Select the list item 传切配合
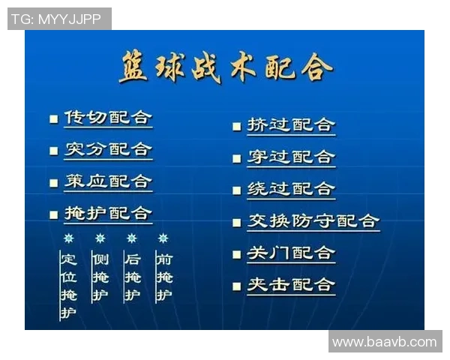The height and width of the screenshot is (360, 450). tap(108, 118)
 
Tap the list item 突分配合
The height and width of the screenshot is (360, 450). tap(108, 149)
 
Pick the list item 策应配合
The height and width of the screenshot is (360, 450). tap(108, 181)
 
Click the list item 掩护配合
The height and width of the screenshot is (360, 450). tap(108, 213)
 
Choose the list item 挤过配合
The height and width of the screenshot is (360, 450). tap(291, 125)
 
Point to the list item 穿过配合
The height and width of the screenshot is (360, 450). tap(291, 157)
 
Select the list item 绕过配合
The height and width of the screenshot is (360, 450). tap(291, 189)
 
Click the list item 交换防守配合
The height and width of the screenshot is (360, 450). tap(313, 221)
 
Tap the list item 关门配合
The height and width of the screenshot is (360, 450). tap(291, 253)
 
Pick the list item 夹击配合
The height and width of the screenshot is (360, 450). tap(291, 285)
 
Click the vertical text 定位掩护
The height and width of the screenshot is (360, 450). tap(69, 286)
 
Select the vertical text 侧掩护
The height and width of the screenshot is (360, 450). tap(100, 277)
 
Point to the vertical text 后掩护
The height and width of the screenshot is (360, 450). tap(132, 277)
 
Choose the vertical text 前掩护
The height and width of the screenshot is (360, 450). tap(163, 277)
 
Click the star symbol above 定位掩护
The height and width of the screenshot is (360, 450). tap(69, 238)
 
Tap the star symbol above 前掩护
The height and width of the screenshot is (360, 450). tap(163, 238)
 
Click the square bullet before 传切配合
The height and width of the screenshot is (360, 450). tap(53, 118)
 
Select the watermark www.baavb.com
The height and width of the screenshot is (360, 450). tap(385, 342)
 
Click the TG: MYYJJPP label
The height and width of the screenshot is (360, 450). tap(59, 19)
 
